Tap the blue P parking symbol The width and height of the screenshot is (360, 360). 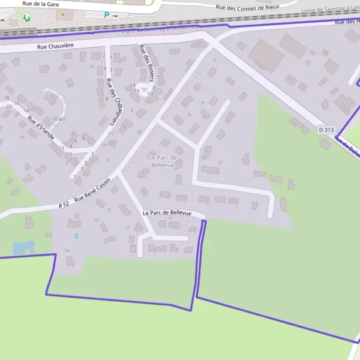107,15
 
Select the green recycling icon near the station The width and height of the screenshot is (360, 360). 26,17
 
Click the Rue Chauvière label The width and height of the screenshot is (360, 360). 55,46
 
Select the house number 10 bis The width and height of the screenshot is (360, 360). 58,119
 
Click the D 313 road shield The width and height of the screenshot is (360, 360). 326,130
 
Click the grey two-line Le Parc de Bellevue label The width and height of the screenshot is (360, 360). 163,161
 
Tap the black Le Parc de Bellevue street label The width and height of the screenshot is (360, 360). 167,213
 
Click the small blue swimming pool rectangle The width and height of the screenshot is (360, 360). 76,236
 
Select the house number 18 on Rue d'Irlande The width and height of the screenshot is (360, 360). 7,98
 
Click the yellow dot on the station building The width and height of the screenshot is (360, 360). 62,13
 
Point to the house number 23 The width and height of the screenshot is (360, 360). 9,106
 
